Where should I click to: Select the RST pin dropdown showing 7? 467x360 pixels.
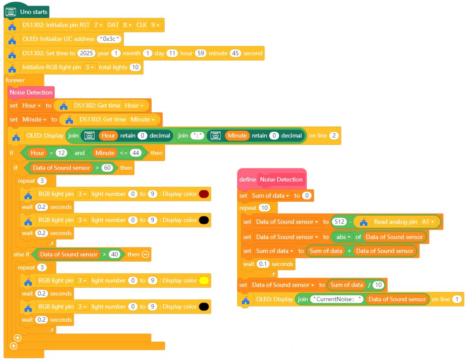coord(98,25)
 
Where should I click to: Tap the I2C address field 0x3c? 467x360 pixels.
coord(110,39)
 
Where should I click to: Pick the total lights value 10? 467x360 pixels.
coord(135,67)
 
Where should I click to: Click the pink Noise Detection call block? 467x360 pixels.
coord(31,92)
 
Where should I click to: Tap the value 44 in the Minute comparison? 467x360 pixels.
coord(136,153)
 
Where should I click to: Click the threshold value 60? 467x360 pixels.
coord(108,168)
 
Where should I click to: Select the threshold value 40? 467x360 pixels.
coord(114,255)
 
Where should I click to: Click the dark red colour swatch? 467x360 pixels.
coord(204,194)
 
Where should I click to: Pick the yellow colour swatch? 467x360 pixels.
coord(204,281)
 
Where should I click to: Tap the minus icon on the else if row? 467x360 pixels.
coord(146,255)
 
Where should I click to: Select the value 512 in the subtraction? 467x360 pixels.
coord(339,222)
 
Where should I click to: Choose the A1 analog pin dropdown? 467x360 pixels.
coord(427,222)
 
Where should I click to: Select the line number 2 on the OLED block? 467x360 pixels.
coord(334,136)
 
